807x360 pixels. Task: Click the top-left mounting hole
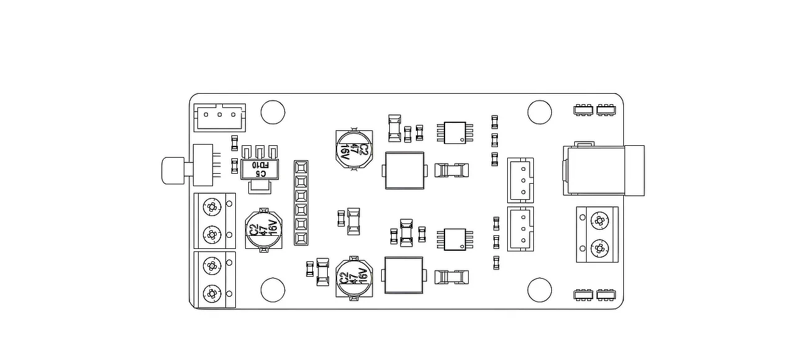coord(273,112)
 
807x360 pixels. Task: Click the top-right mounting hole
coord(539,112)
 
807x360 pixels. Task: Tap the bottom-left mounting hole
coord(273,290)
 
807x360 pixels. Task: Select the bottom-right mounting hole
coord(539,290)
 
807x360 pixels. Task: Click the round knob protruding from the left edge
coord(173,171)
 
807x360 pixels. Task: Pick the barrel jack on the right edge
coord(604,171)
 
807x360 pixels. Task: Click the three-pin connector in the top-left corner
coord(220,117)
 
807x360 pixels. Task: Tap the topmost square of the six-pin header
coord(301,168)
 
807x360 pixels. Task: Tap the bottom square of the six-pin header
coord(301,238)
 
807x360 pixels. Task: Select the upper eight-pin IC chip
coord(455,133)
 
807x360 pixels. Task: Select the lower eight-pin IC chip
coord(455,239)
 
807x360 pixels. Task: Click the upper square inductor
coord(405,171)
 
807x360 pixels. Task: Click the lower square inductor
coord(404,276)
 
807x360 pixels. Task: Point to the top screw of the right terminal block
coord(600,220)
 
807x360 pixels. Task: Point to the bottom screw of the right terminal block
coord(600,248)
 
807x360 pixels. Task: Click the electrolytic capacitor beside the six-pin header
coord(264,230)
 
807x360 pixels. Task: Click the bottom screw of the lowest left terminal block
coord(212,294)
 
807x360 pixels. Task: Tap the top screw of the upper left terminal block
coord(212,207)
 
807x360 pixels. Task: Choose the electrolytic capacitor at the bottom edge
coord(354,278)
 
